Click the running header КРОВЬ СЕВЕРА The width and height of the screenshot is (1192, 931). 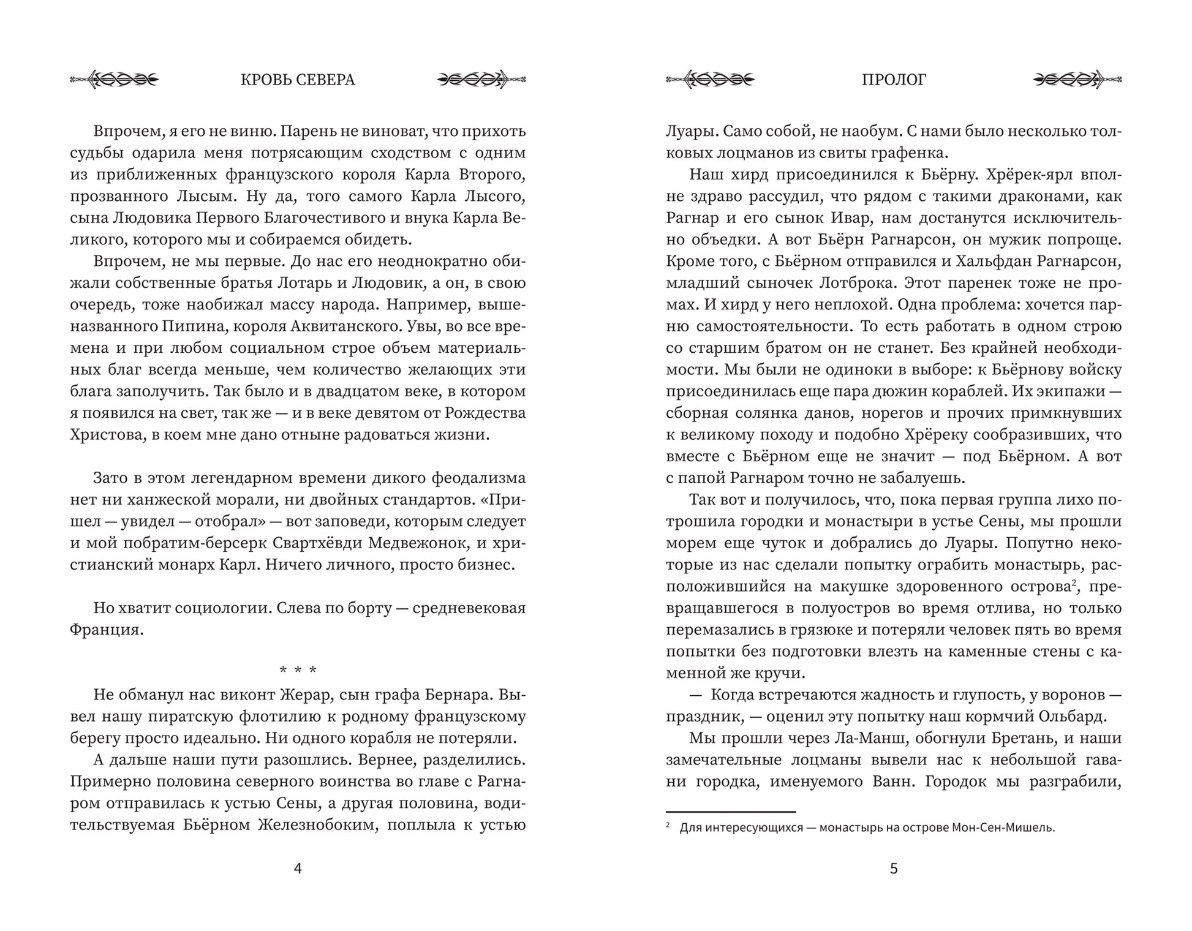click(x=298, y=80)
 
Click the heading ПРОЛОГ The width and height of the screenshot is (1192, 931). click(x=894, y=80)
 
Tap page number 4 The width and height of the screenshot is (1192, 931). click(x=298, y=869)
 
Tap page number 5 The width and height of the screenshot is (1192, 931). click(x=894, y=869)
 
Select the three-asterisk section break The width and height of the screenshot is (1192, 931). click(x=298, y=670)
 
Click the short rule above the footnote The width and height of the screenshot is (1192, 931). click(x=730, y=811)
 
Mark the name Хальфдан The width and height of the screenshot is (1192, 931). click(x=990, y=262)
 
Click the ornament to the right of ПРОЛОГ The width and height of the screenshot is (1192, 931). click(x=1077, y=80)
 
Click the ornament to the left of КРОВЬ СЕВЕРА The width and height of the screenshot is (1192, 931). click(x=115, y=80)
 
